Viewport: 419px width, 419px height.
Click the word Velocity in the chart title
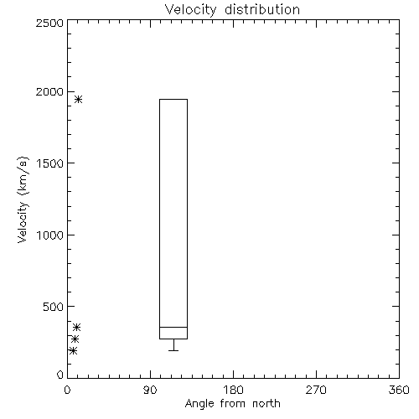(190, 10)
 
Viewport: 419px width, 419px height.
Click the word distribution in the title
(262, 9)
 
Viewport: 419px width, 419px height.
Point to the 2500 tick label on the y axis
(49, 23)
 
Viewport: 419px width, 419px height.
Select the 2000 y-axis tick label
(49, 92)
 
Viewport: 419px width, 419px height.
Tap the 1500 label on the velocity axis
(50, 163)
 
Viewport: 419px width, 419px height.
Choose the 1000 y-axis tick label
(50, 235)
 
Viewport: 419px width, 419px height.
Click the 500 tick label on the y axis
(54, 307)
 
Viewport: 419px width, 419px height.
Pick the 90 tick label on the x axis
(150, 390)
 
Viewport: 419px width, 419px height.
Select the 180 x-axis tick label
(233, 390)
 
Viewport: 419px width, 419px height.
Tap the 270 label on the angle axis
(316, 390)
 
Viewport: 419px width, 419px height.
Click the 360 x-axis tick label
(399, 390)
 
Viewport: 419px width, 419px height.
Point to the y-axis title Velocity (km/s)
(23, 200)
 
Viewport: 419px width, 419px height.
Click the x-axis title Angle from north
(233, 404)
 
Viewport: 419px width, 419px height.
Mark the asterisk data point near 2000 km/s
(78, 99)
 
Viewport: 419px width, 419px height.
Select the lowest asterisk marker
(73, 350)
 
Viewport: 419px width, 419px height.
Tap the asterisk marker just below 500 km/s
(76, 327)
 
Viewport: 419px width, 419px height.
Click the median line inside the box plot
(173, 327)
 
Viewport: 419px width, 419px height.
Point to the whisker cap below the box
(173, 350)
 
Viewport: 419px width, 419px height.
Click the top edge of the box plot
(173, 99)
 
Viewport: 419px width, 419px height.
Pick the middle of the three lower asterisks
(75, 339)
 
